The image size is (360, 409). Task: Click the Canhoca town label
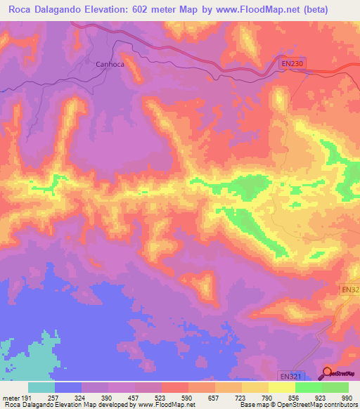(109, 64)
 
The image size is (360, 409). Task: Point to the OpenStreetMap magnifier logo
(327, 372)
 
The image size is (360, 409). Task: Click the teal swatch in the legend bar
(41, 387)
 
